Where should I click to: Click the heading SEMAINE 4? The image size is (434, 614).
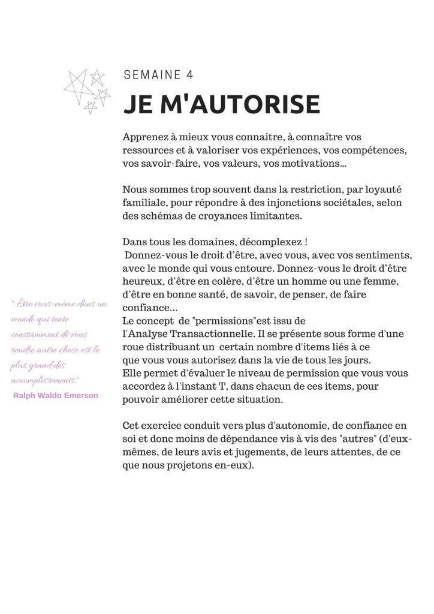pyautogui.click(x=158, y=75)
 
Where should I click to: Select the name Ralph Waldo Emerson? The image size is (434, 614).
pyautogui.click(x=55, y=396)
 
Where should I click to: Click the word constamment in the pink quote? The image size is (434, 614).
pyautogui.click(x=33, y=335)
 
